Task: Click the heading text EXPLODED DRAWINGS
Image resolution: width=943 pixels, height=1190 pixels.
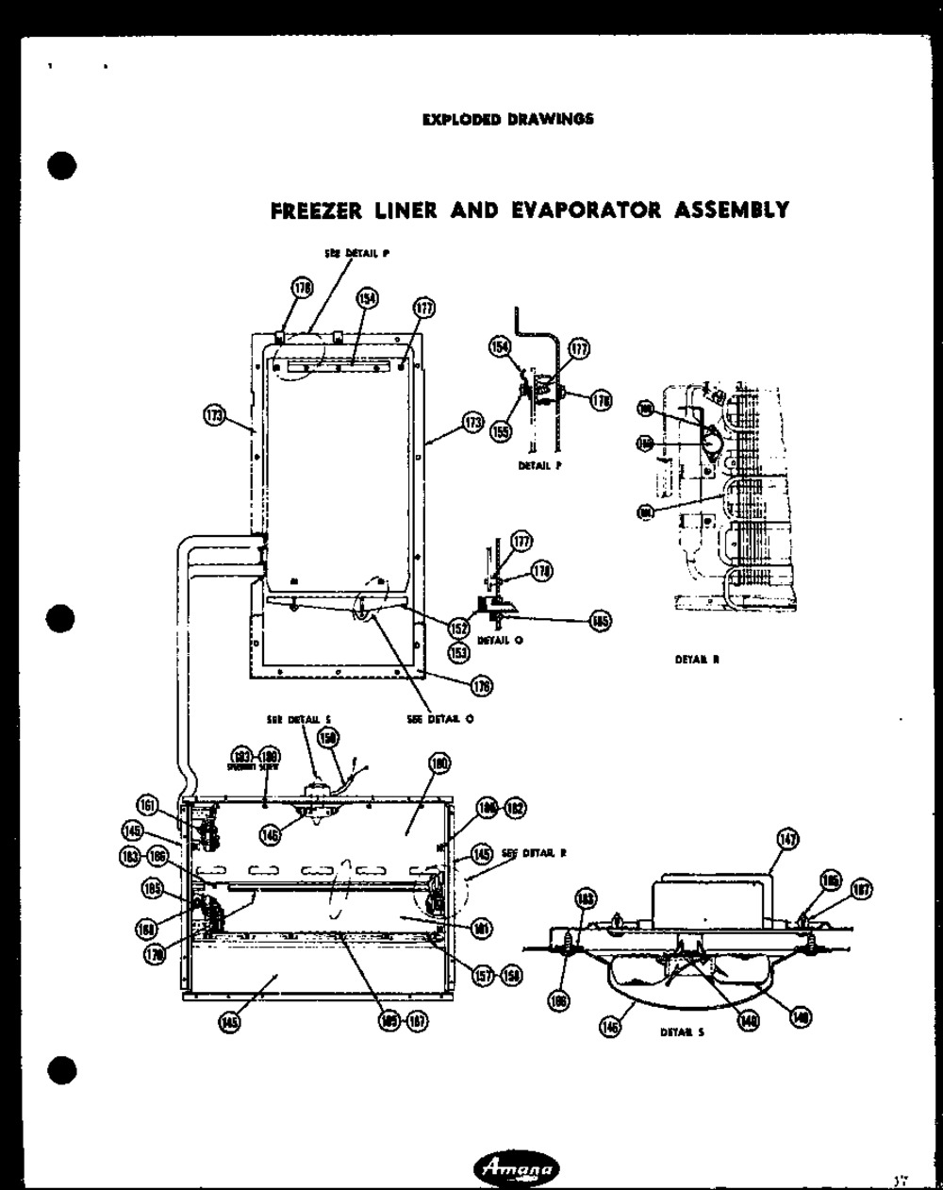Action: (507, 119)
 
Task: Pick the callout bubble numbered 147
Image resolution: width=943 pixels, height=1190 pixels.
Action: (787, 838)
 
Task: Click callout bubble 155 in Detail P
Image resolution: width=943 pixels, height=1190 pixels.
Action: (500, 430)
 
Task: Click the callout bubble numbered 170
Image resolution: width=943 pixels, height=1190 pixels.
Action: (152, 954)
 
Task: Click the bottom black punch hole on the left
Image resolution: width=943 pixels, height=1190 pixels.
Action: (61, 1071)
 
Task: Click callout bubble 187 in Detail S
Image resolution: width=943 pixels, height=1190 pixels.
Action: (861, 889)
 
